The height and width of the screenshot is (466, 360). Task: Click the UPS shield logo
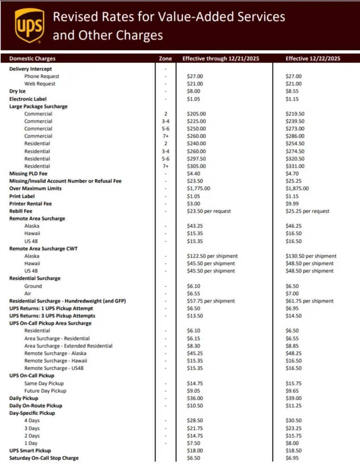(30, 25)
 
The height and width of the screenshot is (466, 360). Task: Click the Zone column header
(165, 59)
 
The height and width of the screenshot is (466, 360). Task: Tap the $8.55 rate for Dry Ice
(293, 91)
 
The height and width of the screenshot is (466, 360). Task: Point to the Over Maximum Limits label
(35, 189)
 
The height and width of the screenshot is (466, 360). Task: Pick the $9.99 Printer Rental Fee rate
(293, 203)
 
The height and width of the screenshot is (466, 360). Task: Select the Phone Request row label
(42, 76)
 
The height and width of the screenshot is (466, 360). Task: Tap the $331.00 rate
(295, 166)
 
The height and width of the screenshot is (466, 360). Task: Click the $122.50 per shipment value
(212, 256)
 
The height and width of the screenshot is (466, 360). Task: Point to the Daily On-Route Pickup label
(36, 406)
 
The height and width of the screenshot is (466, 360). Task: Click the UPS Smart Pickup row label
(30, 450)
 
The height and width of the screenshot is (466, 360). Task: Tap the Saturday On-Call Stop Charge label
(44, 458)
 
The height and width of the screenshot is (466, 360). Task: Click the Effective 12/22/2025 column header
(313, 59)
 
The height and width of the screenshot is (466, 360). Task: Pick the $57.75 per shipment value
(211, 301)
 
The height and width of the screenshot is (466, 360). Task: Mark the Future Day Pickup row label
(45, 391)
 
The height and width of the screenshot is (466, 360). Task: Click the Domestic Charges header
(32, 59)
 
